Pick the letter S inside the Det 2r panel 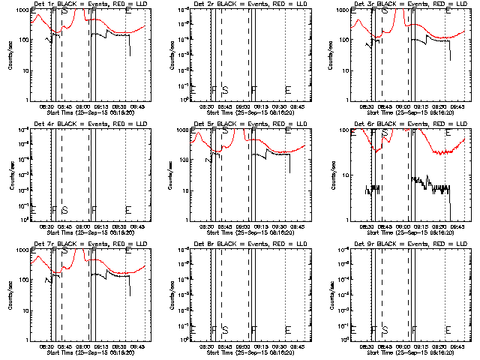224,90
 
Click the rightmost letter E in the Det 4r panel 128,209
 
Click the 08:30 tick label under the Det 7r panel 45,346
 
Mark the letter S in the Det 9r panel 385,329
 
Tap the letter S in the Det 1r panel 64,11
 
